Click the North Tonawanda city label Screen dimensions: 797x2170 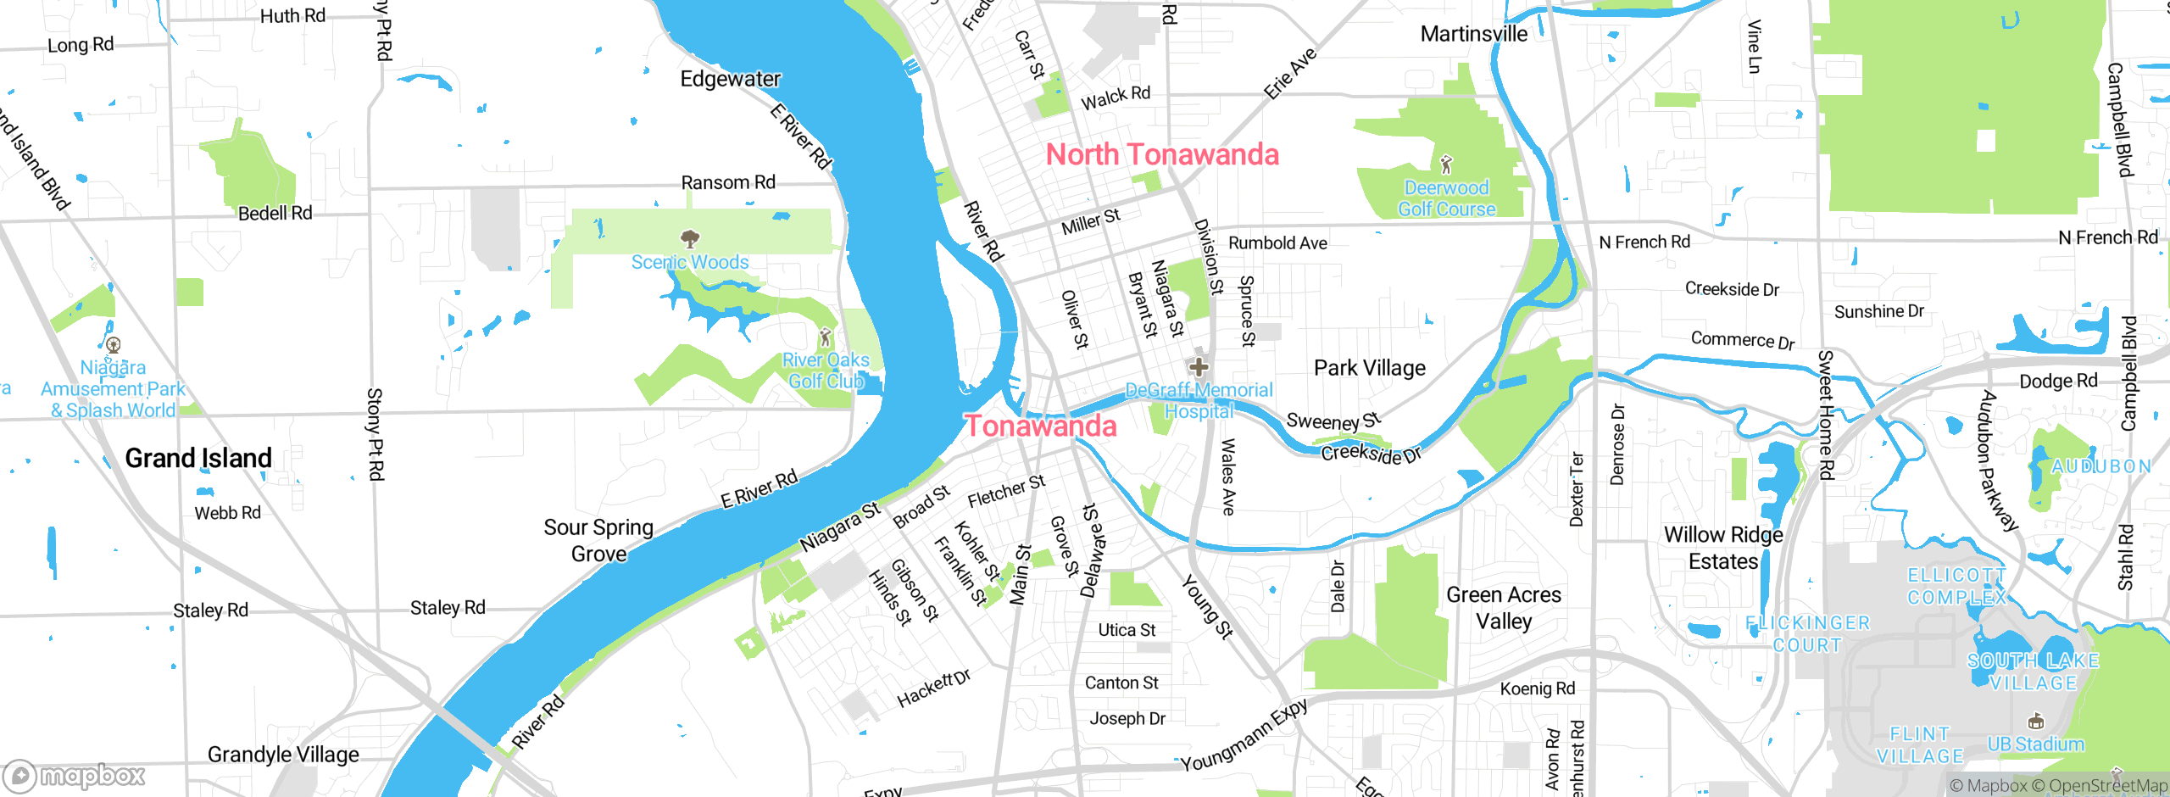coord(1162,155)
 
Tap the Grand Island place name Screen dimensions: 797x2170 coord(198,459)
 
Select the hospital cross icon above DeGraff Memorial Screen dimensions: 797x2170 coord(1198,367)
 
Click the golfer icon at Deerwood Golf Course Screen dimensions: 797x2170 coord(1446,164)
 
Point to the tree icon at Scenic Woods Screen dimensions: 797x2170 coord(690,238)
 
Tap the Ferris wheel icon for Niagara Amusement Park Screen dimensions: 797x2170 coord(113,345)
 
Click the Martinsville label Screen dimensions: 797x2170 coord(1473,35)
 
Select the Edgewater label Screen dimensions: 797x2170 coord(730,80)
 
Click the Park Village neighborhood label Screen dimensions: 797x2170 coord(1369,368)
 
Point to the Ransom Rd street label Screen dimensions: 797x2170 coord(728,182)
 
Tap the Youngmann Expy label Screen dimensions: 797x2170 coord(1244,736)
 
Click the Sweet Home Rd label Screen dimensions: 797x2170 coord(1826,415)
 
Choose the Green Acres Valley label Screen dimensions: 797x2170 coord(1503,608)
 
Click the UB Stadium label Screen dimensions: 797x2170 coord(2035,744)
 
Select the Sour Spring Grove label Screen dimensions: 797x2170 coord(598,541)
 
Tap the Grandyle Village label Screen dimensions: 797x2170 coord(283,755)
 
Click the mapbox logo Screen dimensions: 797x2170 coord(75,776)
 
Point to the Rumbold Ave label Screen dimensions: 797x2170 coord(1277,243)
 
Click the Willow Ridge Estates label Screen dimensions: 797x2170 coord(1723,548)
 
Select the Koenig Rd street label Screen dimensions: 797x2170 coord(1537,688)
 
